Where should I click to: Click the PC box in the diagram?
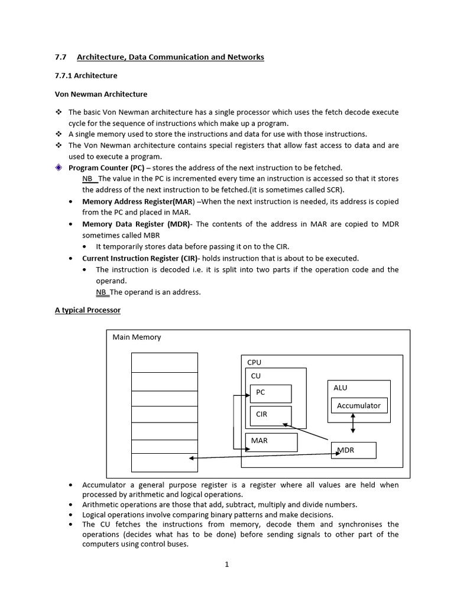pos(271,393)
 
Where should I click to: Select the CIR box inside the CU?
pos(271,415)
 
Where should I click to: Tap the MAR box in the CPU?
pos(271,442)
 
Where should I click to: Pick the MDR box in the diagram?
pos(354,451)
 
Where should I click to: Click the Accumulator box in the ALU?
pos(359,406)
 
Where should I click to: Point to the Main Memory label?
pos(137,337)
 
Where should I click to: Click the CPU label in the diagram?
pos(254,362)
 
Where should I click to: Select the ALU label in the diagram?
pos(340,388)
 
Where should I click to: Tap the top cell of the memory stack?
pos(164,362)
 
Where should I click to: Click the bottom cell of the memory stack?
pos(164,462)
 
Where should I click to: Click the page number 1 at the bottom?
pos(226,564)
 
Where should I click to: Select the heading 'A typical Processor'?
pos(87,310)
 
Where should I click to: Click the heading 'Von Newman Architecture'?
pos(101,94)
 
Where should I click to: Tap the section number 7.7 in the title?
pos(60,57)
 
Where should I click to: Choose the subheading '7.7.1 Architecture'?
pos(86,76)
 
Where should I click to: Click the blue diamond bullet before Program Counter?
pos(59,168)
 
